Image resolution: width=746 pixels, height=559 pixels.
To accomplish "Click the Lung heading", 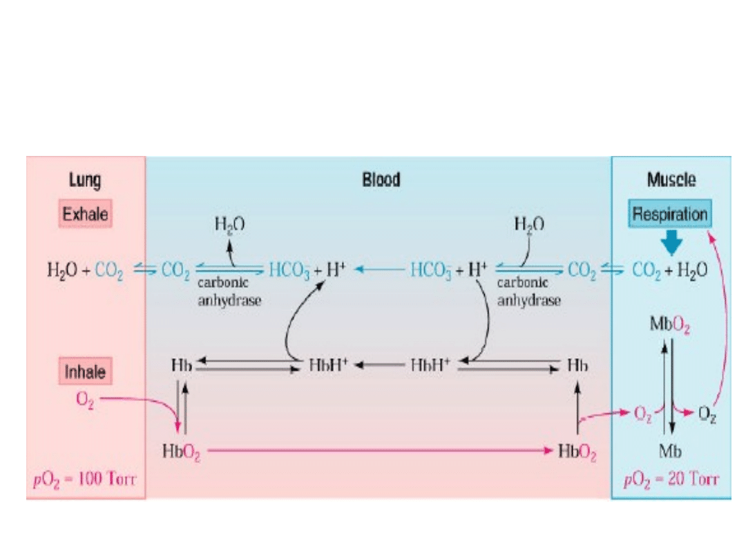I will coord(85,181).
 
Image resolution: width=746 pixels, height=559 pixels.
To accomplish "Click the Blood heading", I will coord(381,181).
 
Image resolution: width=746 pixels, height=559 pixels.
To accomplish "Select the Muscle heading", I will coord(671,181).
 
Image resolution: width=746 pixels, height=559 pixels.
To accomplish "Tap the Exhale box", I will coord(86,214).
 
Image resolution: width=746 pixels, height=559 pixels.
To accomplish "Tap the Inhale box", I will coord(86,372).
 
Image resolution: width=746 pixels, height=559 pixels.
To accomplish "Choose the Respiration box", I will coord(670,214).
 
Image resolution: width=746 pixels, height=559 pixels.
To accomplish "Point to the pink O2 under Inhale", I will coord(86,401).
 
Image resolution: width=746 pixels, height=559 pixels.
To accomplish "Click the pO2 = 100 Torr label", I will coord(86,479).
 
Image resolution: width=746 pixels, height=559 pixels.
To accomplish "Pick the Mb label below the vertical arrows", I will coord(670,452).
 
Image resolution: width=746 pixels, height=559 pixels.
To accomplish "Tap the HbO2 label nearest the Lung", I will coord(181,452).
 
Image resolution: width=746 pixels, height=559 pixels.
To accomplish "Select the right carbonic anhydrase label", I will coord(528,292).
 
